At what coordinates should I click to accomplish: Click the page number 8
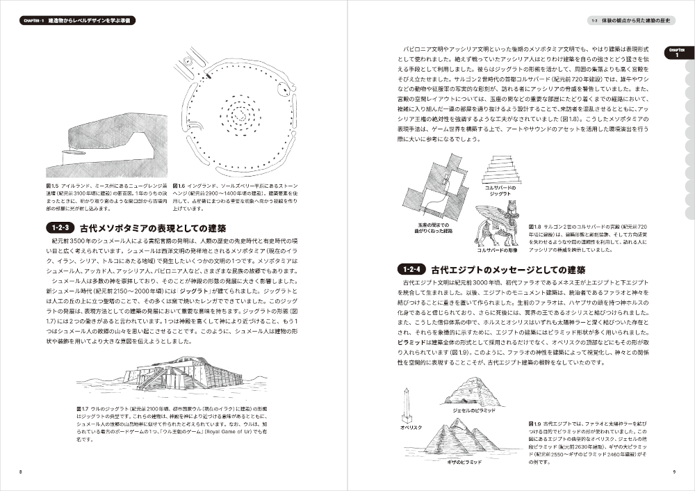coord(20,472)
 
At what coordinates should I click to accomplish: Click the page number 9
coord(674,472)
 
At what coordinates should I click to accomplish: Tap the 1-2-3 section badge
coord(63,227)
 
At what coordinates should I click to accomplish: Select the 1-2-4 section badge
coord(414,268)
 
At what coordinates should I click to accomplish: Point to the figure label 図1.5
coord(50,186)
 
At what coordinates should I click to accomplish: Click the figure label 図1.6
coord(179,186)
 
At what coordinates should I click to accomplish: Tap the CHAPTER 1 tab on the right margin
coord(677,54)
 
